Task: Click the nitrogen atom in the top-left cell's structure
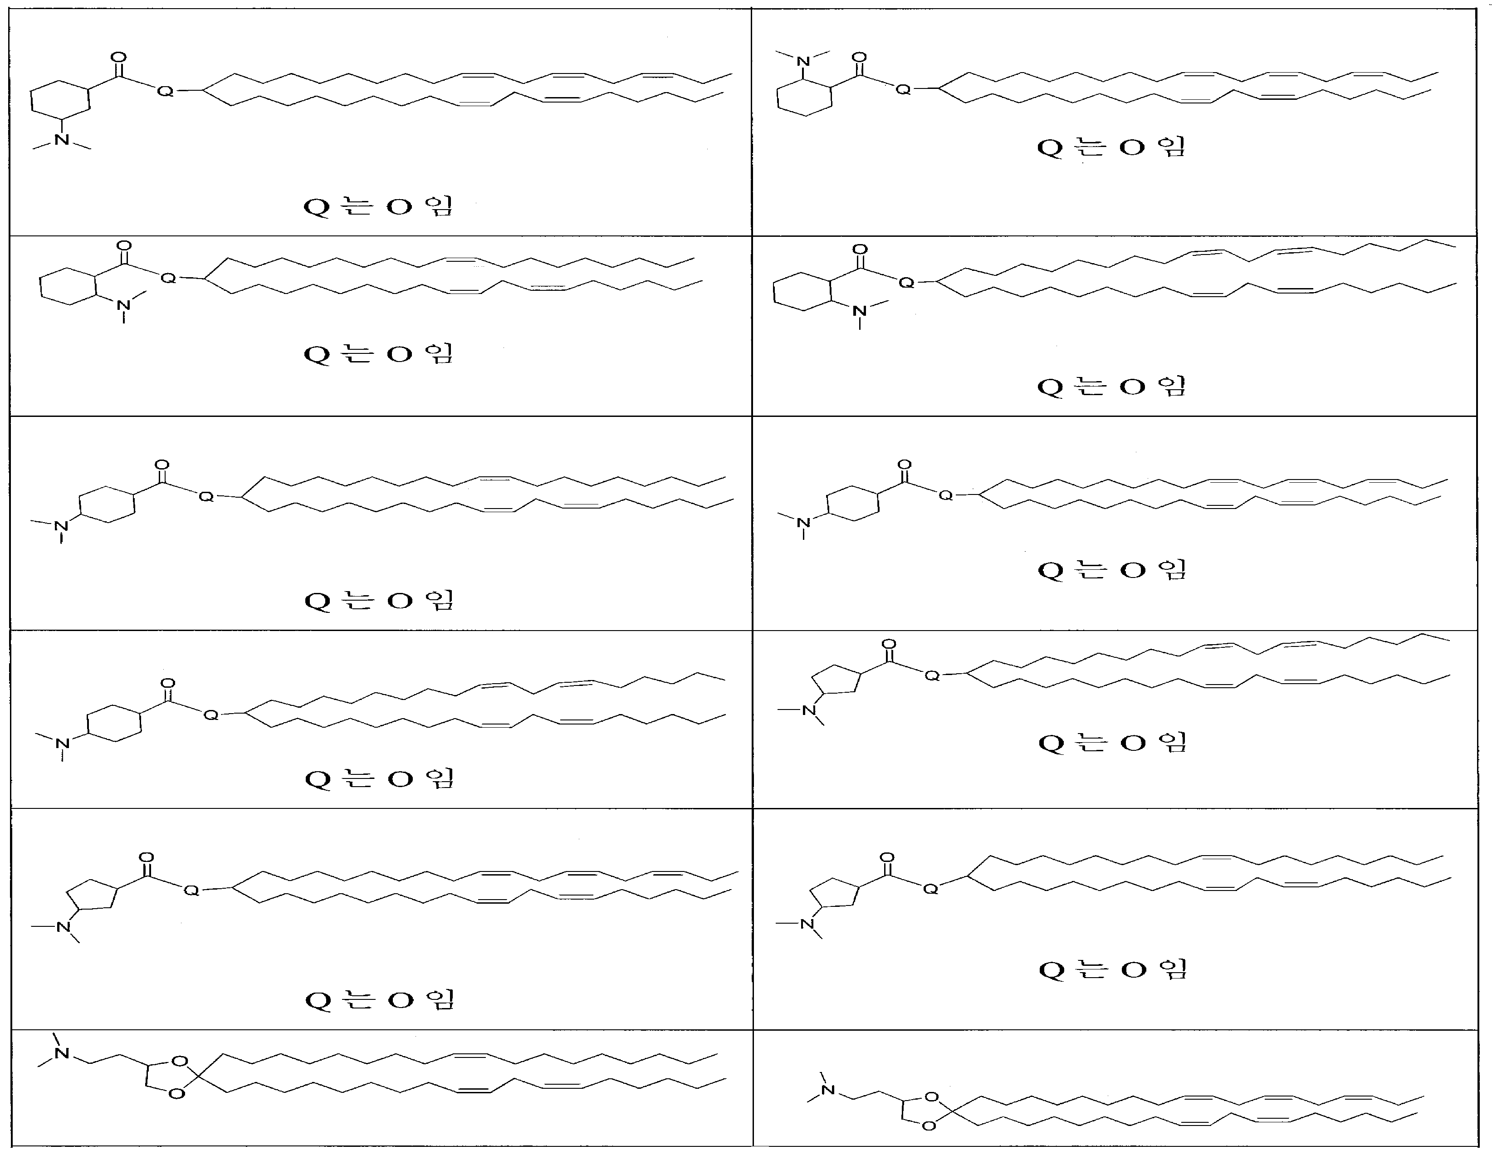(62, 139)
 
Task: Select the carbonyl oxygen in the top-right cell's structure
(859, 58)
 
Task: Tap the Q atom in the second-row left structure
(168, 278)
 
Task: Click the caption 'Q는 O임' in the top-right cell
(1111, 147)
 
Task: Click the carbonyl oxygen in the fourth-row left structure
(167, 684)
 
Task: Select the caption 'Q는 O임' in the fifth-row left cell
(380, 1000)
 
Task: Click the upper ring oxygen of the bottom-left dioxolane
(180, 1062)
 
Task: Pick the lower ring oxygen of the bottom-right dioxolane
(929, 1126)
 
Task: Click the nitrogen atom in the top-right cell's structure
(803, 62)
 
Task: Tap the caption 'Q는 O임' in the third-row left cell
(379, 600)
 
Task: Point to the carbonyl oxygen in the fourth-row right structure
(889, 644)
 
